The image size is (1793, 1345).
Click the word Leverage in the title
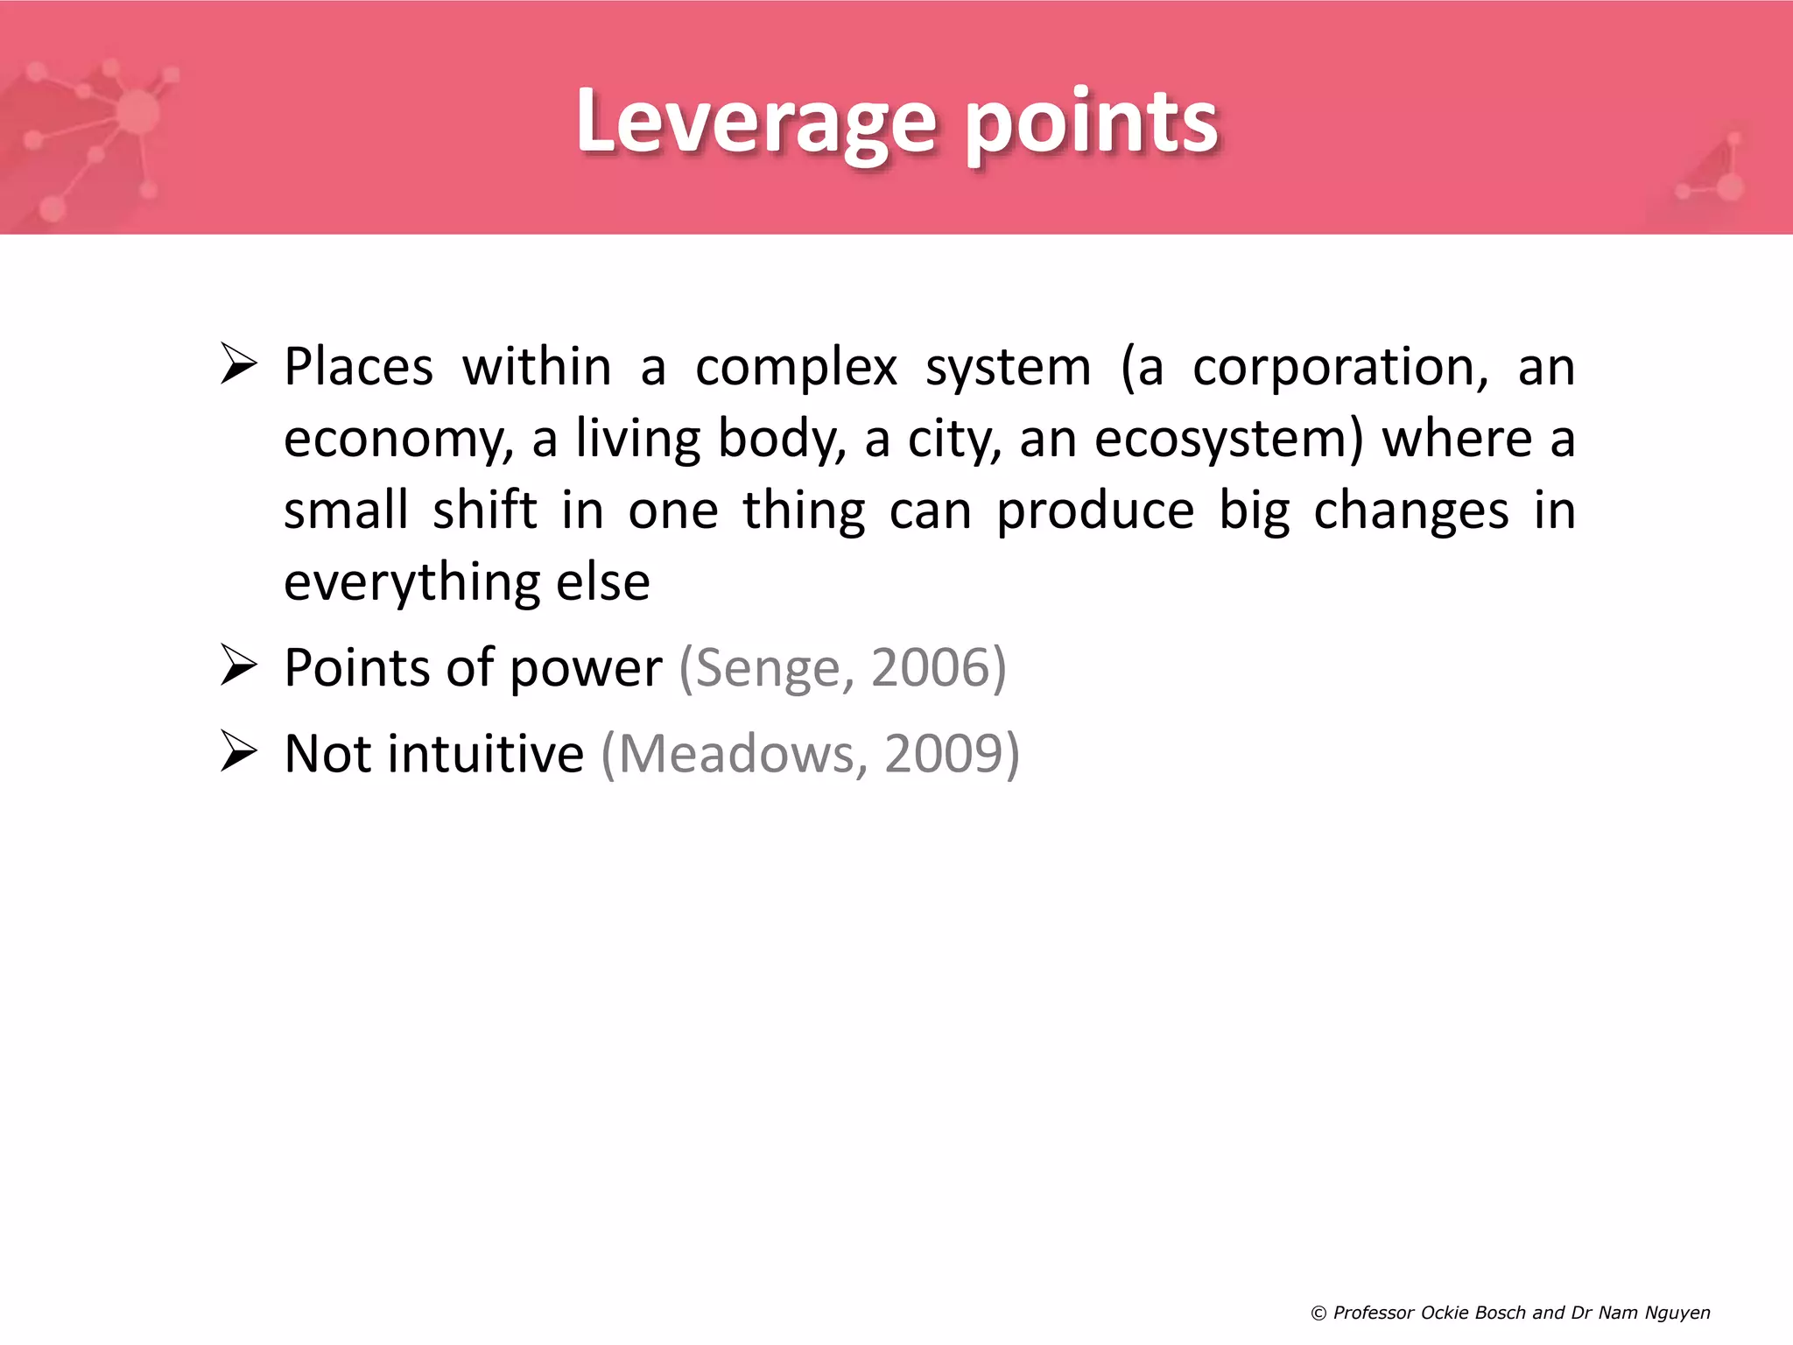(x=756, y=122)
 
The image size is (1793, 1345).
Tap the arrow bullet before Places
(x=238, y=364)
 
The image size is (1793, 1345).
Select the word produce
(x=1095, y=512)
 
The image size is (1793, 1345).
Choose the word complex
(x=796, y=369)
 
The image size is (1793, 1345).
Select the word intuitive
(x=486, y=754)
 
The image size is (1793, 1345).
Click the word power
(x=586, y=670)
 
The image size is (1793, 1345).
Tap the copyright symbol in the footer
(x=1318, y=1313)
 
